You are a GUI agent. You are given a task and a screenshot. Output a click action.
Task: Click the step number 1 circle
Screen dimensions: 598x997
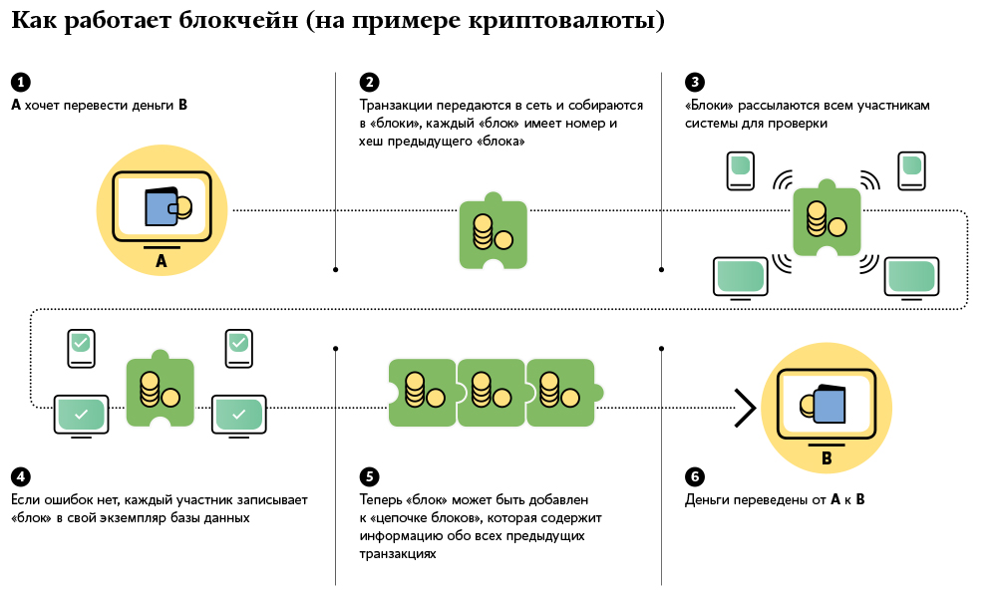(20, 82)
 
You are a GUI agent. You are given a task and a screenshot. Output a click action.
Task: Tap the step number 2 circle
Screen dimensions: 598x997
(369, 82)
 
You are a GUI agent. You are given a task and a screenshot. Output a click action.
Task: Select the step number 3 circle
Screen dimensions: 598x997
(695, 82)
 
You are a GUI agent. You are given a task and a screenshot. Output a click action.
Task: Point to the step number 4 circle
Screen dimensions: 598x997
(20, 476)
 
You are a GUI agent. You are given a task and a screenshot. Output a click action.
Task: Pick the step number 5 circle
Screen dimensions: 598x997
(369, 476)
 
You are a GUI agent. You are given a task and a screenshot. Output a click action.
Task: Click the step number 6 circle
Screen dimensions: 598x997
(695, 476)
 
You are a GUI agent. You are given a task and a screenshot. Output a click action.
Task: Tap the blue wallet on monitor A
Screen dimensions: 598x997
(162, 208)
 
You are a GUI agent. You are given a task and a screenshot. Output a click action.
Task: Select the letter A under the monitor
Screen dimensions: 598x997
(162, 262)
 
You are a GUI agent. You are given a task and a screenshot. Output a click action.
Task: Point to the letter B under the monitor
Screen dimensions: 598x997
(826, 459)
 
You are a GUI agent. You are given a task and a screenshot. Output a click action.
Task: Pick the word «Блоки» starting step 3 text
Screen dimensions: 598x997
(709, 105)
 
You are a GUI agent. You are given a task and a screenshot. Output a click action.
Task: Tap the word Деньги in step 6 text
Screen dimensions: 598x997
(709, 499)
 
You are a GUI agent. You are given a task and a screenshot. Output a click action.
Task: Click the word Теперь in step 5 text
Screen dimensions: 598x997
(382, 499)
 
